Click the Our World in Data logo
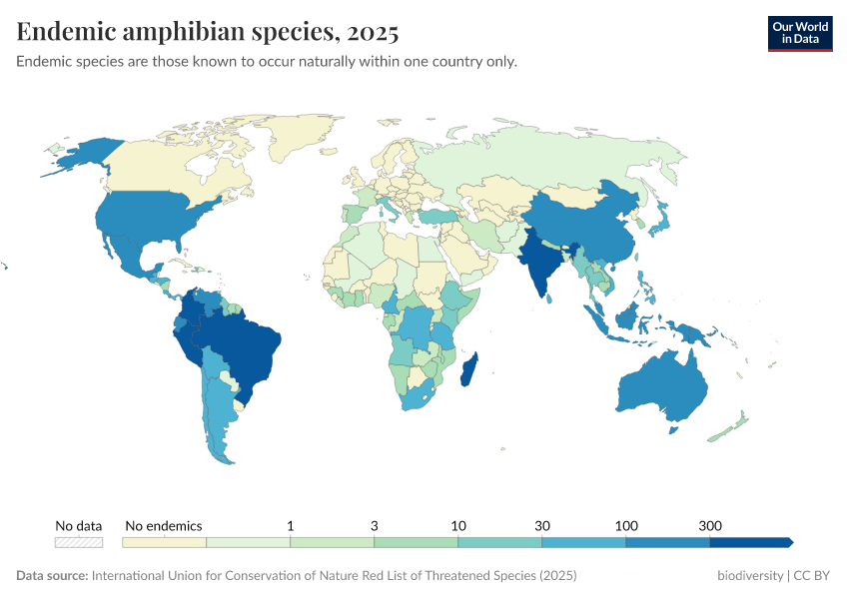(799, 33)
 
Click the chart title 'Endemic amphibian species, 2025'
(208, 32)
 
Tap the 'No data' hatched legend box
(79, 542)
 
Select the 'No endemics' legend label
(164, 525)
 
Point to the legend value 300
(709, 525)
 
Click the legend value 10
(457, 525)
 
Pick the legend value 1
(290, 525)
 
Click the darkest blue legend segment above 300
(750, 542)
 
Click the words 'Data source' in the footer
(51, 576)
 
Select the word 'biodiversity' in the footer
(749, 576)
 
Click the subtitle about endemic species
(267, 62)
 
